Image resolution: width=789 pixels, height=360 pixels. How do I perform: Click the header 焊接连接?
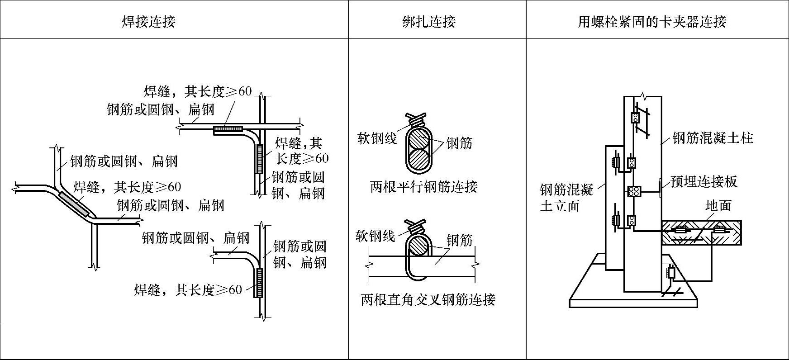pos(148,21)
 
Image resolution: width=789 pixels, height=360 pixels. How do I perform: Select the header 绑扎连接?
pos(429,21)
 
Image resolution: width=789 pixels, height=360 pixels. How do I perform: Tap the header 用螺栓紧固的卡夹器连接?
pos(652,21)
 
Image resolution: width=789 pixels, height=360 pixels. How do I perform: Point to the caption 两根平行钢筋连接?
pos(424,186)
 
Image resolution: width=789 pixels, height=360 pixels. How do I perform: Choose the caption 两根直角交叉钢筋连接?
pos(428,299)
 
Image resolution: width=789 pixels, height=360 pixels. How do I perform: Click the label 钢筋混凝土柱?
pos(713,137)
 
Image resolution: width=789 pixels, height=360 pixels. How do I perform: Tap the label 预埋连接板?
pos(704,181)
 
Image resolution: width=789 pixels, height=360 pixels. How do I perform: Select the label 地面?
pos(718,206)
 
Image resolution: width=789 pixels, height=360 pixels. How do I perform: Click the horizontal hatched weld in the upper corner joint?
pos(228,130)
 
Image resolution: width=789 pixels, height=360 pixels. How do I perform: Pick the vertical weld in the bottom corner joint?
pos(259,283)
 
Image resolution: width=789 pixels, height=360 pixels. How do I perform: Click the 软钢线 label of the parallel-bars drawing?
pos(377,138)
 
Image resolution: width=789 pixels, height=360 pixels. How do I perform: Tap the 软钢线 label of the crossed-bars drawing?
pos(375,236)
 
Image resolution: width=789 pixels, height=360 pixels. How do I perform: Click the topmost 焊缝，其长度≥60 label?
pos(198,91)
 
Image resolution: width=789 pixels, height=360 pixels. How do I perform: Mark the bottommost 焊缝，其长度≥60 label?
pos(188,290)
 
